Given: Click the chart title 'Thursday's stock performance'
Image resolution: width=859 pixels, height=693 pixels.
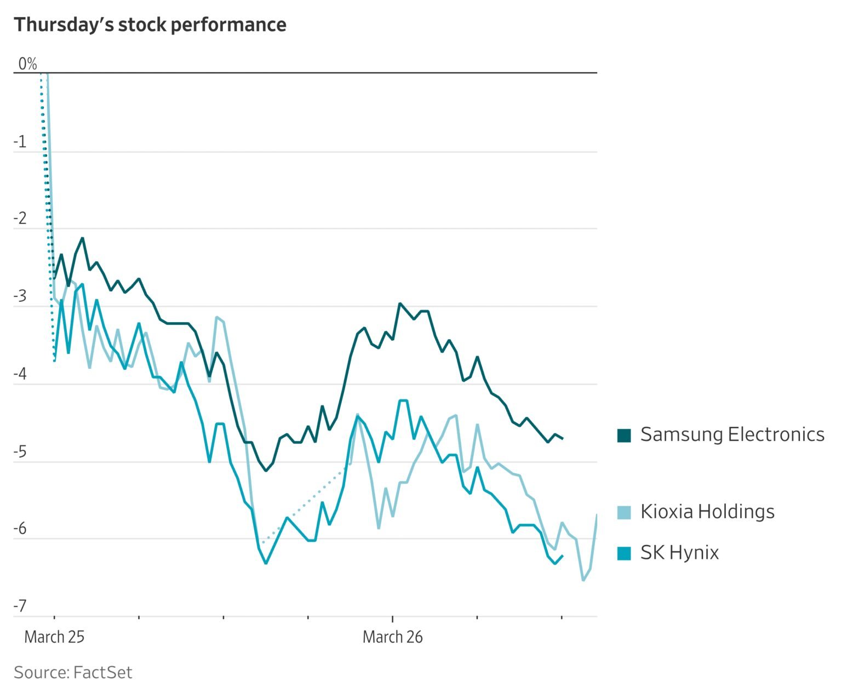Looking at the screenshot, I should [x=150, y=25].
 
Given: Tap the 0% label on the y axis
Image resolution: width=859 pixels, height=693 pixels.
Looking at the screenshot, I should [x=27, y=64].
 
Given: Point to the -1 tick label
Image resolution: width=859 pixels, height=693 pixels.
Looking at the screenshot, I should [x=20, y=142].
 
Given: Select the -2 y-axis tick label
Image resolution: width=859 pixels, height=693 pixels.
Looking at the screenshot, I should [x=20, y=219].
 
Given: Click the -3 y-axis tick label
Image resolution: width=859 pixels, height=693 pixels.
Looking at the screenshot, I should [x=20, y=296].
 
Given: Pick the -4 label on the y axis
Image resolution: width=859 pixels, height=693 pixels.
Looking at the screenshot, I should [x=20, y=374].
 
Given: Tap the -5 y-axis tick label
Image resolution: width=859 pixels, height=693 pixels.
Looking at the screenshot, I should [x=20, y=452].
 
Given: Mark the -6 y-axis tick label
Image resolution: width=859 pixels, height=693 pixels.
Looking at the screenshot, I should [x=20, y=529].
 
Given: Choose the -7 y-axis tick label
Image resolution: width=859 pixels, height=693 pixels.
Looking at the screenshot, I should [x=20, y=606].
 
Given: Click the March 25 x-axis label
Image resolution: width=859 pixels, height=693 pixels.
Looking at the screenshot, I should [x=54, y=637].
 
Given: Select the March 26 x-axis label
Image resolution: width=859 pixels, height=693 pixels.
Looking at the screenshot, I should [x=393, y=637].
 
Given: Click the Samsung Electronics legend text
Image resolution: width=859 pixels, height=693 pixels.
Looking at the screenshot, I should [x=732, y=434].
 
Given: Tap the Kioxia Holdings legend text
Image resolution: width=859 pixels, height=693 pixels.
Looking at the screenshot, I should [x=707, y=512].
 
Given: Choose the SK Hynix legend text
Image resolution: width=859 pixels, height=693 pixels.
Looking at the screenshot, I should [x=679, y=553].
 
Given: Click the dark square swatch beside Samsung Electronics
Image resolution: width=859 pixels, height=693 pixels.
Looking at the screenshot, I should [x=624, y=435].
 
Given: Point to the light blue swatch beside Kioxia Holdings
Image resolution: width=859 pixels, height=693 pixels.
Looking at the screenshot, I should [x=624, y=512].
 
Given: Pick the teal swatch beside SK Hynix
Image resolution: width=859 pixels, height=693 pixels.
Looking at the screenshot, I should [x=624, y=553].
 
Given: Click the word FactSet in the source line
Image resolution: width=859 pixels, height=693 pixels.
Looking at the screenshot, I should [x=102, y=672].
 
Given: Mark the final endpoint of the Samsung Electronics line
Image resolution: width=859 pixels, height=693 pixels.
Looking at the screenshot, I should [x=563, y=438].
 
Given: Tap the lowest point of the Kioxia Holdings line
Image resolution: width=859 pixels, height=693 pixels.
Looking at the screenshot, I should [x=583, y=580].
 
